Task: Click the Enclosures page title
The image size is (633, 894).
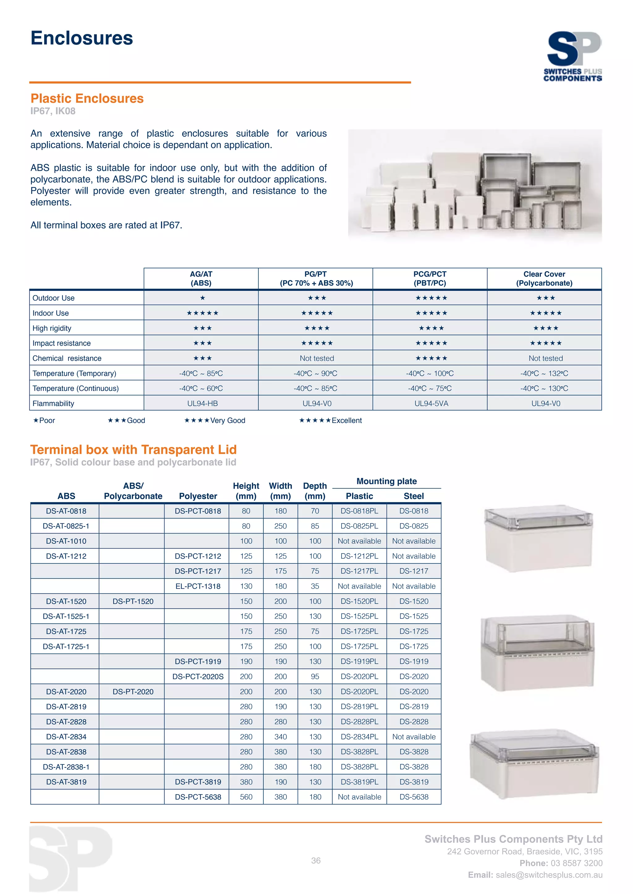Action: tap(82, 38)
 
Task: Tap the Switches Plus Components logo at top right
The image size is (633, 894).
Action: tap(573, 56)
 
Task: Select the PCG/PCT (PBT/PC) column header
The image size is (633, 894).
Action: tap(430, 278)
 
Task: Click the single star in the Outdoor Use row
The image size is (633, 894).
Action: tap(202, 298)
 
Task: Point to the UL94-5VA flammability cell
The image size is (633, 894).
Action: tap(431, 403)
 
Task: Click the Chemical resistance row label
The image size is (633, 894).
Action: tap(67, 358)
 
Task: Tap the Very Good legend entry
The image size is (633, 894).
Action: tap(215, 420)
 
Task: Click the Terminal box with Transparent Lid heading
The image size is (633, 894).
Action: tap(133, 450)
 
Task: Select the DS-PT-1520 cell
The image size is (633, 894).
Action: tap(133, 601)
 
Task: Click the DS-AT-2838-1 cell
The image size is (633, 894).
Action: tap(66, 767)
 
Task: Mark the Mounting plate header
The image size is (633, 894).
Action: tap(386, 481)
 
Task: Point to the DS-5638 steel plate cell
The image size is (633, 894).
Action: tap(414, 797)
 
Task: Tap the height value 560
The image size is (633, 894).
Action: tap(246, 797)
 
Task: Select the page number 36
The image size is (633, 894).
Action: tap(316, 861)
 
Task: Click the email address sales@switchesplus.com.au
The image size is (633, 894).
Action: tap(549, 875)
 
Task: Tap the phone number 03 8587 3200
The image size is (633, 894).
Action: tap(576, 863)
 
